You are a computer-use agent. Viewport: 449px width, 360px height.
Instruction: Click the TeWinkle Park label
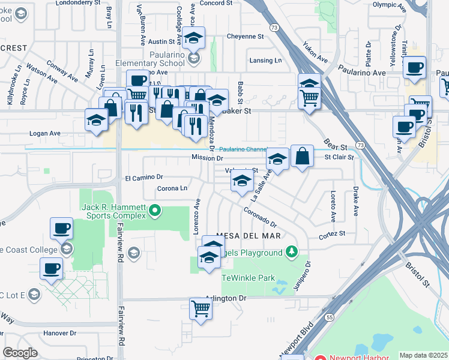coord(248,278)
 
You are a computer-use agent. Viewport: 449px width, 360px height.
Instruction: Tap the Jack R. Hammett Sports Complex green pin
coord(155,210)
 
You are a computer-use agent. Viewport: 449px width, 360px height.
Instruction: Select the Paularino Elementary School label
coord(158,63)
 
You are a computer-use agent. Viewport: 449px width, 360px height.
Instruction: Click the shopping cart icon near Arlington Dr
coord(200,308)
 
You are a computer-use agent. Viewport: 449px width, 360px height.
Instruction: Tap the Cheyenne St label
coord(246,36)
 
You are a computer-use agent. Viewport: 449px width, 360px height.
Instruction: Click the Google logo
coord(20,353)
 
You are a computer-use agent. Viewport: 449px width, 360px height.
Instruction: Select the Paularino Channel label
coord(243,149)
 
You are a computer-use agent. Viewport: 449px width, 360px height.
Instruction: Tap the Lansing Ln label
coord(265,61)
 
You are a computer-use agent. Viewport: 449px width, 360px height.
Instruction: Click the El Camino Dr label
coord(144,178)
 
